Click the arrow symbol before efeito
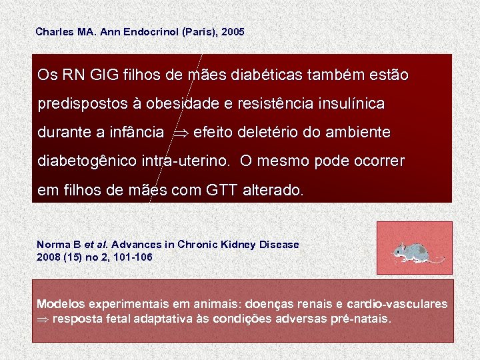pos(181,133)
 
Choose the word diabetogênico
pos(87,162)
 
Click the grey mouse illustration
pos(413,251)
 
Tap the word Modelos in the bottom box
pos(61,304)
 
